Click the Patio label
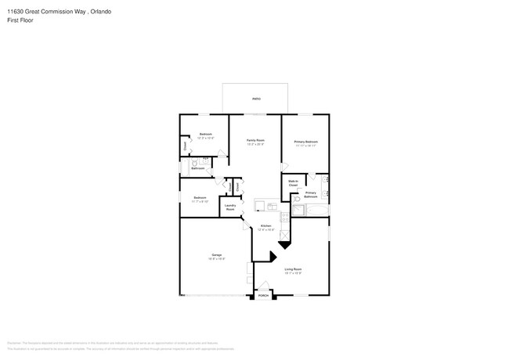[x=255, y=99]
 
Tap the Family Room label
[x=255, y=142]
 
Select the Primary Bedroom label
[x=305, y=143]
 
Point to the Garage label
[x=216, y=256]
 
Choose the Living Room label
[x=292, y=271]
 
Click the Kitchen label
[x=267, y=229]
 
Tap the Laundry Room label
[x=230, y=207]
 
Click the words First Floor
[x=21, y=20]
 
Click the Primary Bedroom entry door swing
[x=285, y=167]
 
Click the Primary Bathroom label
[x=311, y=194]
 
